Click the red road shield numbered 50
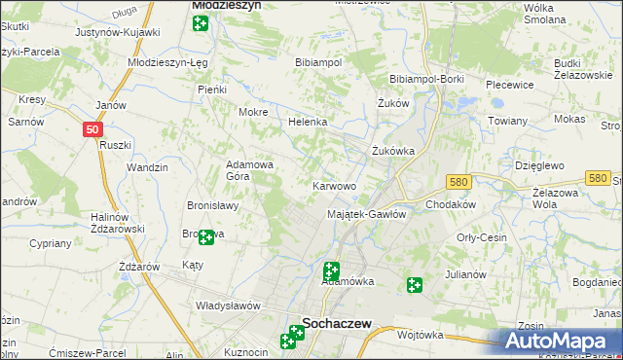click(91, 128)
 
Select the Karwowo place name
click(334, 185)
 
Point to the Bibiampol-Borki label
click(425, 78)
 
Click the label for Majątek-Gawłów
click(366, 214)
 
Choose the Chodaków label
click(450, 204)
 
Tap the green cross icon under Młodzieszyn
click(201, 22)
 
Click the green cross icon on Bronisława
click(205, 235)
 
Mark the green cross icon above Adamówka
click(331, 270)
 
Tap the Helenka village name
click(307, 123)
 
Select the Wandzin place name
click(147, 167)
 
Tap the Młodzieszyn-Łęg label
click(166, 61)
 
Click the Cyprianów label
click(52, 243)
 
